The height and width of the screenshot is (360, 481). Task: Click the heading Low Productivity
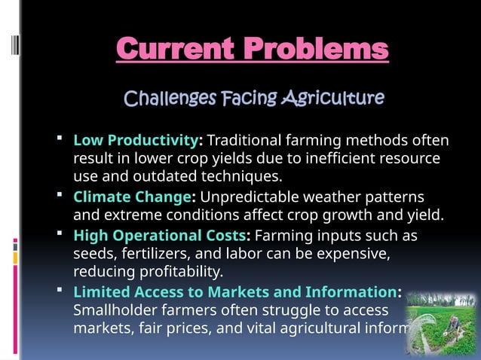click(135, 141)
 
